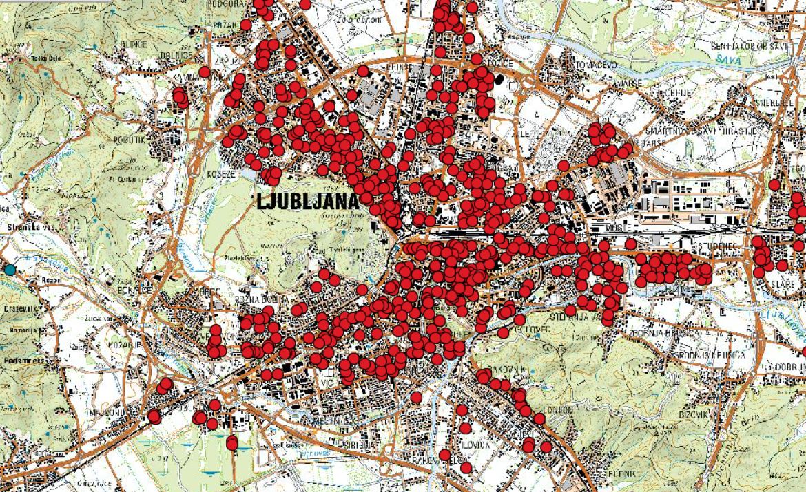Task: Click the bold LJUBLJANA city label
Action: (308, 202)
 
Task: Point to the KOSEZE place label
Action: (221, 175)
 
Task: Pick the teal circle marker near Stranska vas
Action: (9, 270)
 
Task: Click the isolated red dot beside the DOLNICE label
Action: (204, 72)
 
